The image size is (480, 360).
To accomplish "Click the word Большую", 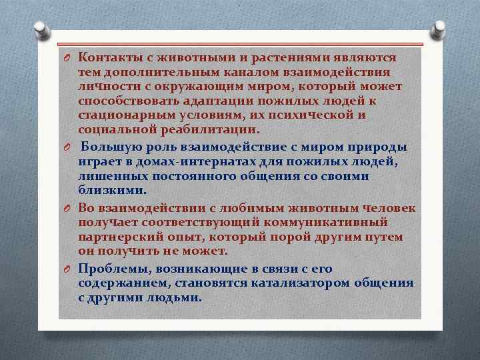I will click(109, 147).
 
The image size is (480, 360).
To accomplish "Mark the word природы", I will click(382, 147).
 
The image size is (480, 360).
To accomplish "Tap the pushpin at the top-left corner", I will click(41, 30).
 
